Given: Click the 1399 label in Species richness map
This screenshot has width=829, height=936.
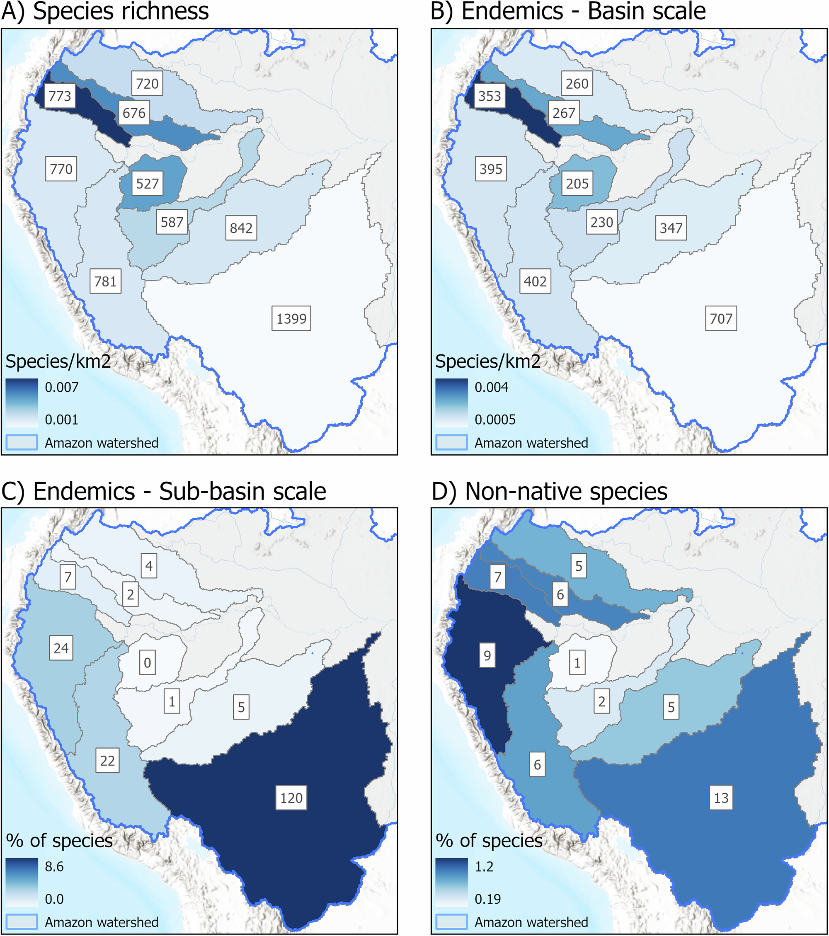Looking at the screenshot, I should pyautogui.click(x=291, y=318).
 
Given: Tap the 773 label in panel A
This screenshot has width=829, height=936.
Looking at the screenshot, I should pyautogui.click(x=60, y=96).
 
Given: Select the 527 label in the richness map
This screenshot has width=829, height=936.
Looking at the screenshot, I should pyautogui.click(x=147, y=184).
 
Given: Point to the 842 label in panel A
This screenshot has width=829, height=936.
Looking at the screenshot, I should pyautogui.click(x=241, y=228).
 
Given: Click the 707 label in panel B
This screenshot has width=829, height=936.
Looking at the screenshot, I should pyautogui.click(x=721, y=318).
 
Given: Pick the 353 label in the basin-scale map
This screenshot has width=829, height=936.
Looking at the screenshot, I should pyautogui.click(x=490, y=96).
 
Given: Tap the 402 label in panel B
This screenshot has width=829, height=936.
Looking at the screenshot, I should pyautogui.click(x=535, y=281).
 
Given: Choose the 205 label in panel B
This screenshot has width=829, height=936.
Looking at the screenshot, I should pyautogui.click(x=577, y=184).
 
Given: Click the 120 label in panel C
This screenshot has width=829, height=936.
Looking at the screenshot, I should pyautogui.click(x=291, y=798).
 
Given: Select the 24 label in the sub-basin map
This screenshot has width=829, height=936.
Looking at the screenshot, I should pyautogui.click(x=61, y=648).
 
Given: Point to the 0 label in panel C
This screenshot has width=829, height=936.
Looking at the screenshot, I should pyautogui.click(x=148, y=662).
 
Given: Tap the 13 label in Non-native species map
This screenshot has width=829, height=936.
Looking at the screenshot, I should pyautogui.click(x=721, y=798).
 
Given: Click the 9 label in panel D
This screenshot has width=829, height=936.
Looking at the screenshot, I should pyautogui.click(x=487, y=655).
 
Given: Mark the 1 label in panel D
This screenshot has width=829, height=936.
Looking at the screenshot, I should pyautogui.click(x=577, y=662).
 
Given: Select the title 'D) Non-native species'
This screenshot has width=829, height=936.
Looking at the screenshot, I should pyautogui.click(x=549, y=491).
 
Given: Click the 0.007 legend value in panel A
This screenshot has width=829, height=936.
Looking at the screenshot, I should pyautogui.click(x=61, y=388).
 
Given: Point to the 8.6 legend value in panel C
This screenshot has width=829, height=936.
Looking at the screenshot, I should pyautogui.click(x=54, y=866).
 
